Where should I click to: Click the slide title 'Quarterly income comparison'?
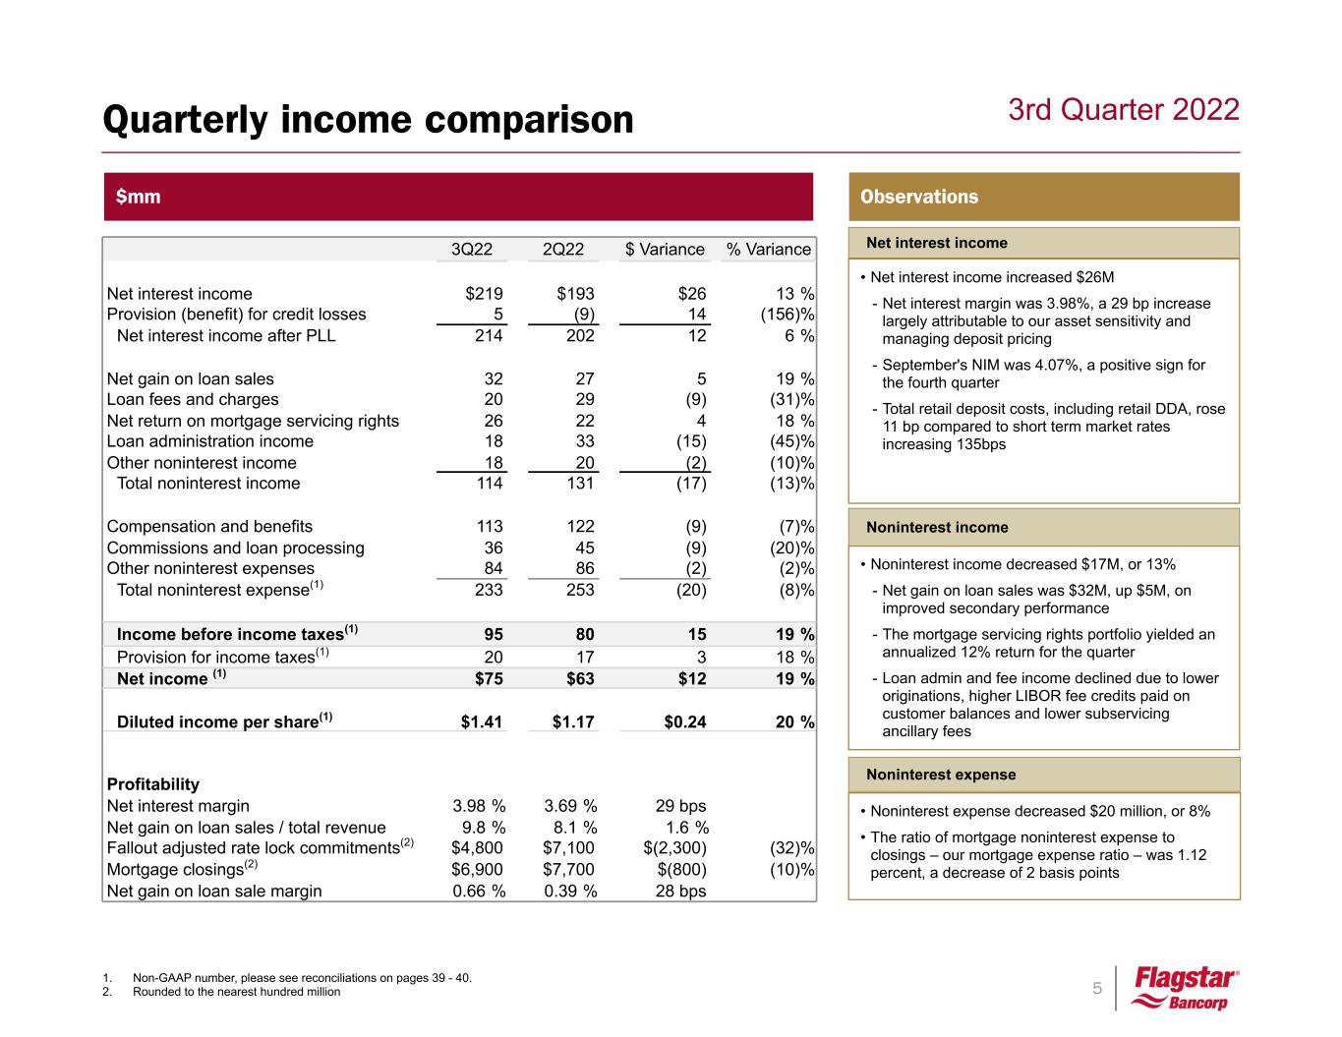click(369, 120)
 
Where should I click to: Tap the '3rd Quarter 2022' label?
click(1124, 109)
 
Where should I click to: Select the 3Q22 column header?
click(471, 250)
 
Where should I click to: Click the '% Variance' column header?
click(768, 250)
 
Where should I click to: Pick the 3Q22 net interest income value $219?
click(484, 294)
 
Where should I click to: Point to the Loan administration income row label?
click(209, 441)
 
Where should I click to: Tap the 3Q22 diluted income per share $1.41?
click(482, 722)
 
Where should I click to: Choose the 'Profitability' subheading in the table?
click(152, 784)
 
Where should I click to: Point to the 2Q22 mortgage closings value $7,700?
click(569, 870)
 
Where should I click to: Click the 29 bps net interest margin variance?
click(680, 806)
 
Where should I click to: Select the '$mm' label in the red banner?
click(138, 197)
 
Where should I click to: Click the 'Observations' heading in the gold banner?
click(919, 197)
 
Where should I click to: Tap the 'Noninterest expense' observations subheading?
click(941, 775)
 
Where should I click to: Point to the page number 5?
click(1097, 988)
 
